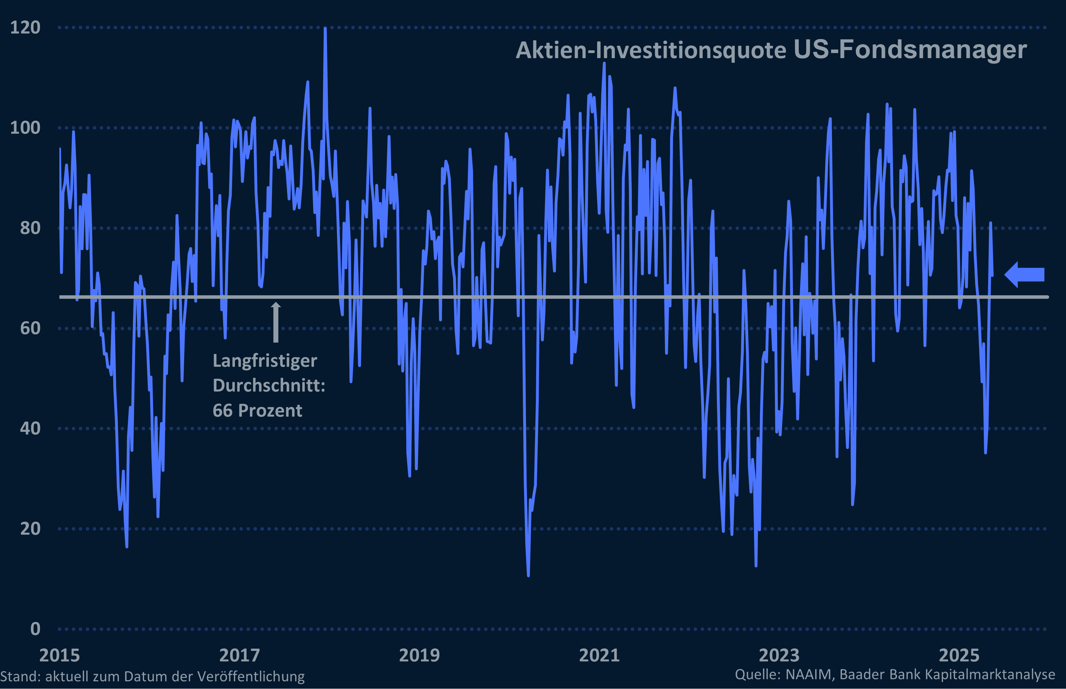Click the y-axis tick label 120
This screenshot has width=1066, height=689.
(x=25, y=28)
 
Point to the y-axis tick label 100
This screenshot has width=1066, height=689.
(x=25, y=128)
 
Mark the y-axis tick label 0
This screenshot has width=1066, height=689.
(x=35, y=629)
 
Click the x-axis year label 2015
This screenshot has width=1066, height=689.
(x=59, y=655)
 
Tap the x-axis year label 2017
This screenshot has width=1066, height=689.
(x=239, y=655)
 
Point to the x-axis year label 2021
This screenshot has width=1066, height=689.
(x=599, y=655)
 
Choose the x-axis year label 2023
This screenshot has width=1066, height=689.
(x=779, y=655)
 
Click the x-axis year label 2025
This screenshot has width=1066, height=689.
(x=959, y=655)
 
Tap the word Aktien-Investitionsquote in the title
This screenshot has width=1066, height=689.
(x=651, y=50)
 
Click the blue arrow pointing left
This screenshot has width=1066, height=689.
(x=1024, y=274)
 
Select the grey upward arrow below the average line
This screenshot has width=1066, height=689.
(x=276, y=322)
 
